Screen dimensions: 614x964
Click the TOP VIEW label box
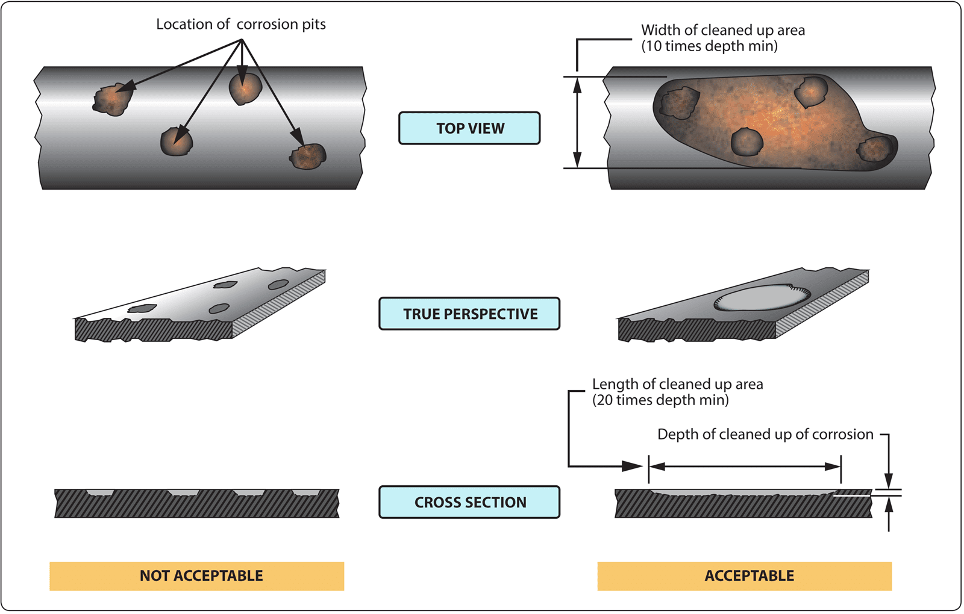[469, 128]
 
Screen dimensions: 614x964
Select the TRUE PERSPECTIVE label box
[469, 314]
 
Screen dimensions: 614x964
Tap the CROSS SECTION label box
[469, 502]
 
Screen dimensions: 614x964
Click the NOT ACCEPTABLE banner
[197, 576]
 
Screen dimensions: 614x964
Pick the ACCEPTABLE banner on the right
[745, 576]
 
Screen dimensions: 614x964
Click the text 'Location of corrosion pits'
[240, 24]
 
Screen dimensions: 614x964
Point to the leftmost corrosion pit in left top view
[113, 99]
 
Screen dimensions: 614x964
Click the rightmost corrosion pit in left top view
[308, 157]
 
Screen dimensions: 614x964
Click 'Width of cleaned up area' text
[722, 30]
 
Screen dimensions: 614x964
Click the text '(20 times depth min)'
[660, 400]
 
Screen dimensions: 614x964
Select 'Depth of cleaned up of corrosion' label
[765, 435]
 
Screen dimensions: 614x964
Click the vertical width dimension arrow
[577, 122]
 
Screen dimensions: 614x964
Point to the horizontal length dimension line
[745, 467]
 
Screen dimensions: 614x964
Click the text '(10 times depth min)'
[709, 46]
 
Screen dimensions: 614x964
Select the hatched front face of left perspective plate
[154, 330]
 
